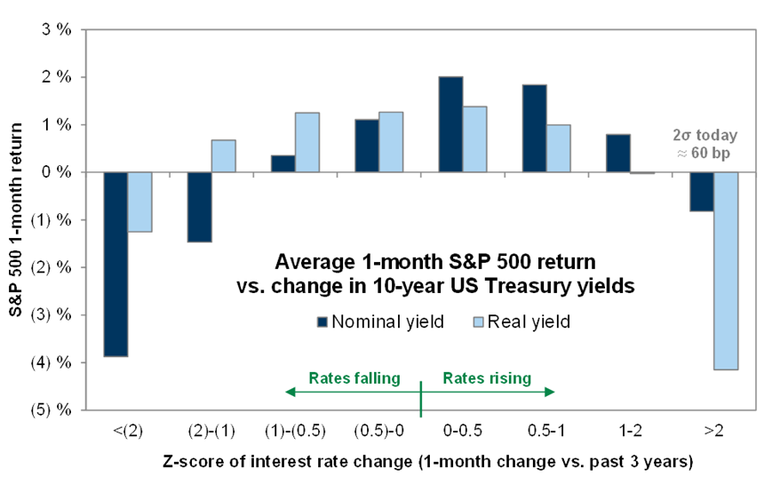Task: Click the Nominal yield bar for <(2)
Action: [x=115, y=264]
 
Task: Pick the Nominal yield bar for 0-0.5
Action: [x=450, y=124]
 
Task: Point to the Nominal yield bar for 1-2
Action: [x=618, y=153]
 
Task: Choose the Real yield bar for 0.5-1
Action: [x=558, y=148]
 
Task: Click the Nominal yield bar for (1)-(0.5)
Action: [x=283, y=163]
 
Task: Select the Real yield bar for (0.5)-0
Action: [x=391, y=142]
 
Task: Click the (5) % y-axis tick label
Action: [x=52, y=410]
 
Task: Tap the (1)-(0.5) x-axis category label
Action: [x=295, y=431]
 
